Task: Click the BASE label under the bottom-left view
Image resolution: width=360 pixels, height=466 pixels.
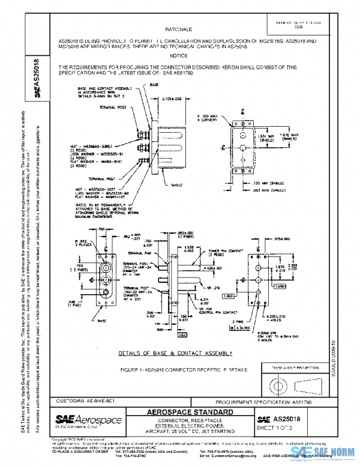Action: pyautogui.click(x=103, y=321)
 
